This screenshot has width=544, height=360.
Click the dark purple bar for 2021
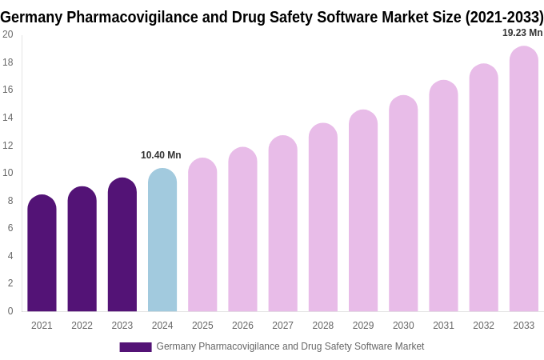(42, 254)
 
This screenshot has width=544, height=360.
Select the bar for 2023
(122, 245)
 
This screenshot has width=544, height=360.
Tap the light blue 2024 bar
(162, 240)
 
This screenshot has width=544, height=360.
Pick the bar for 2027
(282, 224)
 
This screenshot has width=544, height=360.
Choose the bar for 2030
(403, 204)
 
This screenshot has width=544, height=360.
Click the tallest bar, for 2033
(524, 179)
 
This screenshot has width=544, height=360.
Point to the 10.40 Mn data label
(161, 155)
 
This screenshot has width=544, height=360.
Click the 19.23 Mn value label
(522, 33)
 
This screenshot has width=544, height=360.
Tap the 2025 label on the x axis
(202, 326)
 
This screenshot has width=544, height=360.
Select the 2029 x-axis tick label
(363, 326)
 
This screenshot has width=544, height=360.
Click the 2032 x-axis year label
(483, 326)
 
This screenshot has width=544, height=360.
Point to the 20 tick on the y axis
(8, 34)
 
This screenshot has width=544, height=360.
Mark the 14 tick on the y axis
(8, 118)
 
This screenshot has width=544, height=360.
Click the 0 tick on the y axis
(10, 311)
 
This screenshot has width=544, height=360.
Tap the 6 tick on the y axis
(10, 228)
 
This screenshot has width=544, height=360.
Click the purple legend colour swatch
(135, 347)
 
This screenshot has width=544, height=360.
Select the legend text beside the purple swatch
(290, 346)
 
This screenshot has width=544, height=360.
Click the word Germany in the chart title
(31, 17)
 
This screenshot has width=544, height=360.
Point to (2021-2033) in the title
(503, 17)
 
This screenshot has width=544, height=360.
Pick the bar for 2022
(82, 250)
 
